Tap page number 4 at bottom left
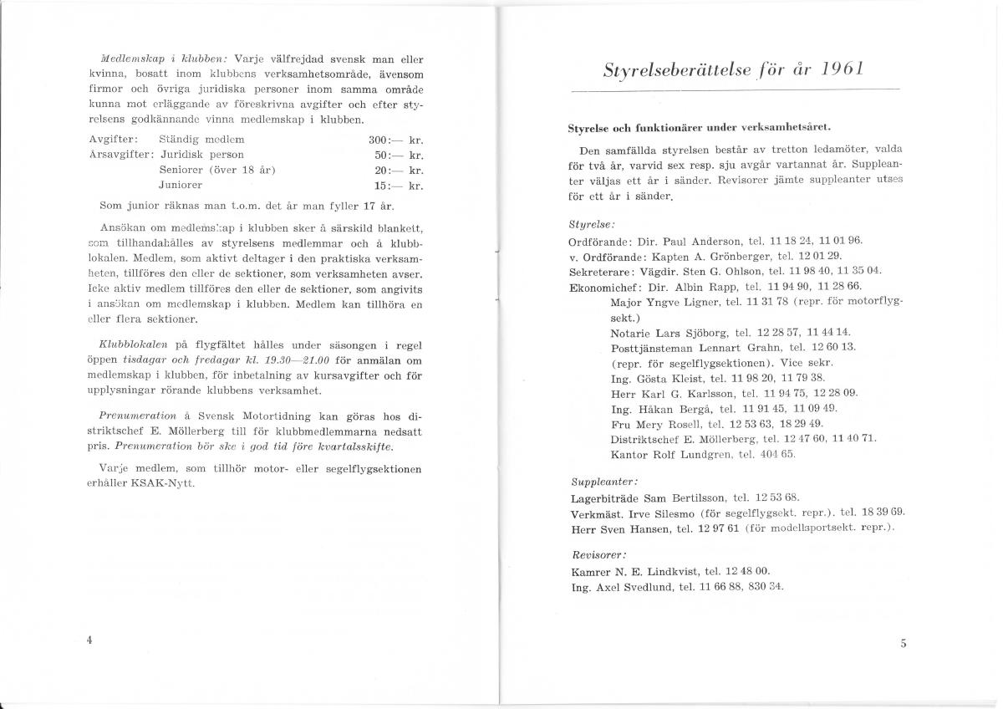pos(89,639)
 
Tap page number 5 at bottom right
pos(904,643)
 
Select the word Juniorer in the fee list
pos(180,184)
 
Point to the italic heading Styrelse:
pos(591,224)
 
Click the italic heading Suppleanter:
pos(604,482)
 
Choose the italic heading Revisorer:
pos(598,554)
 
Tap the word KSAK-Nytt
pos(170,483)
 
